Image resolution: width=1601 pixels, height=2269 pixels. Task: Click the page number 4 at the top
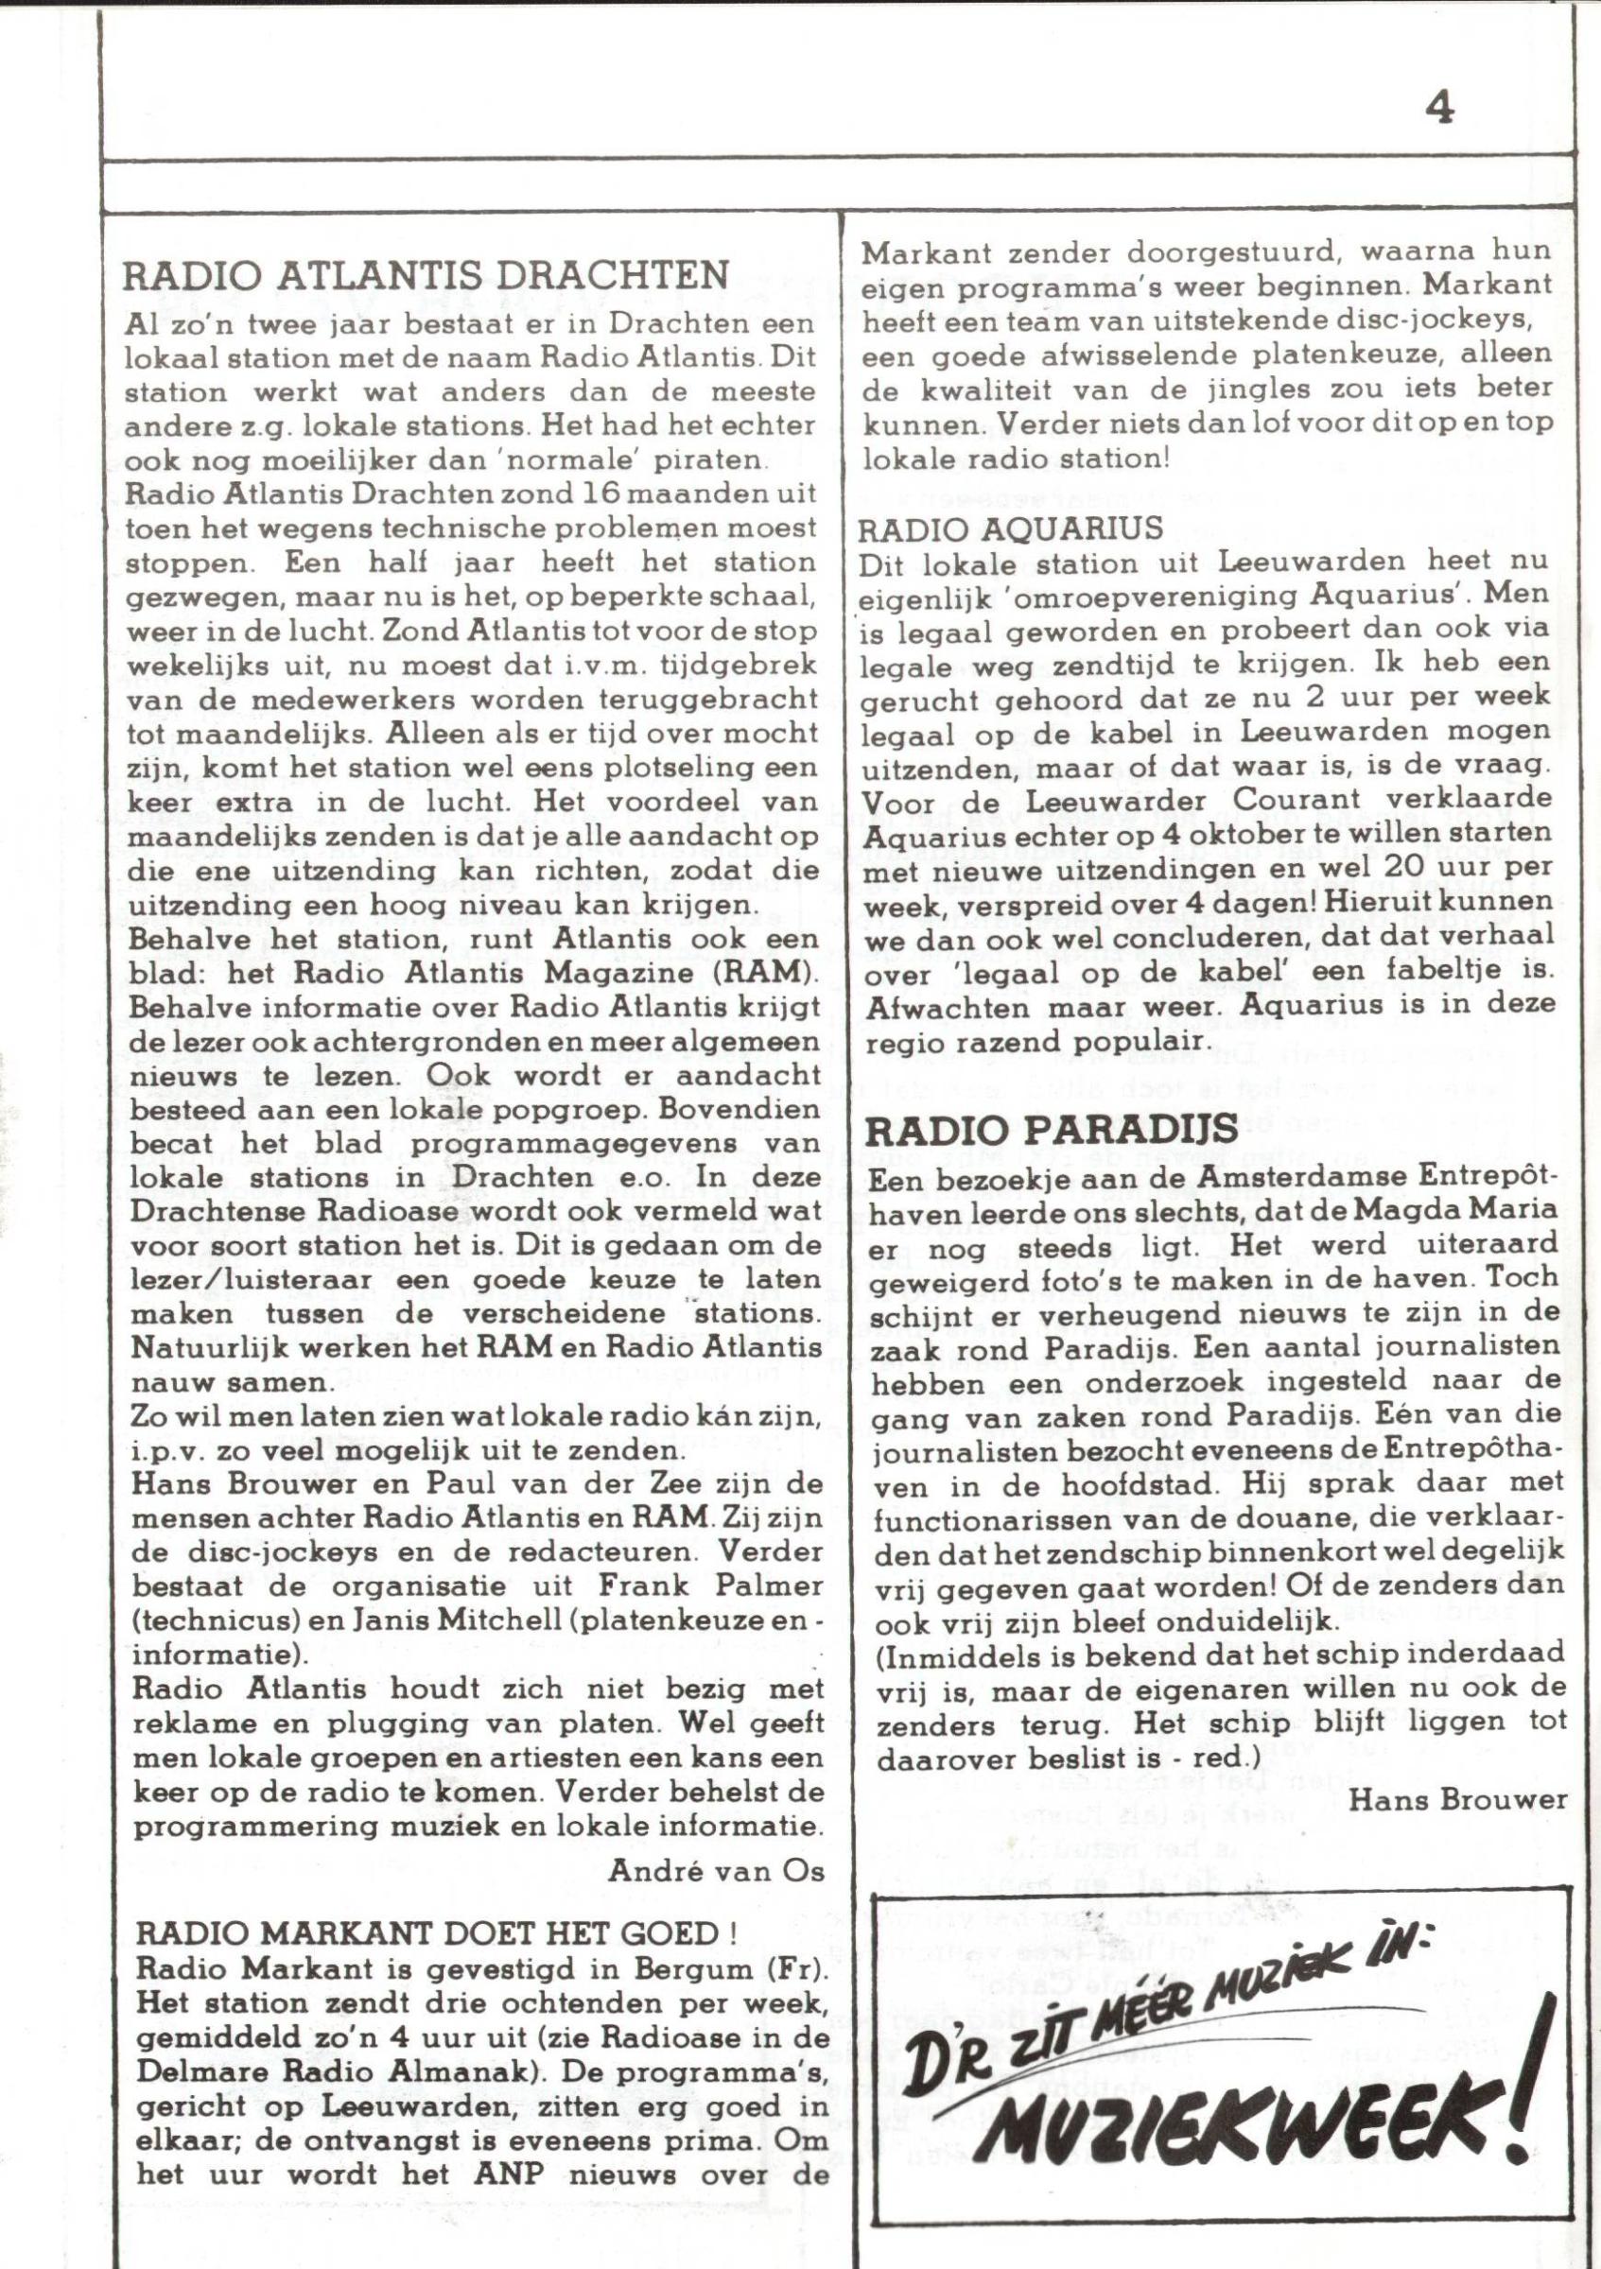click(x=1439, y=108)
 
